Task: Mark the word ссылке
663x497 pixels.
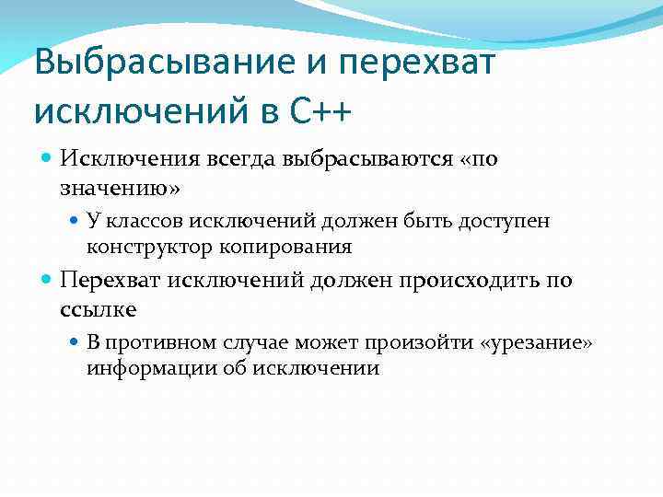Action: pyautogui.click(x=98, y=309)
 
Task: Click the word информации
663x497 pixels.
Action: pyautogui.click(x=145, y=368)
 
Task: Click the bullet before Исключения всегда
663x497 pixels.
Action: pyautogui.click(x=48, y=159)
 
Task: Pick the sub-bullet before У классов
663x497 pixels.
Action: pyautogui.click(x=76, y=221)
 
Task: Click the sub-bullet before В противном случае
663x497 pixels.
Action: pyautogui.click(x=76, y=343)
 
